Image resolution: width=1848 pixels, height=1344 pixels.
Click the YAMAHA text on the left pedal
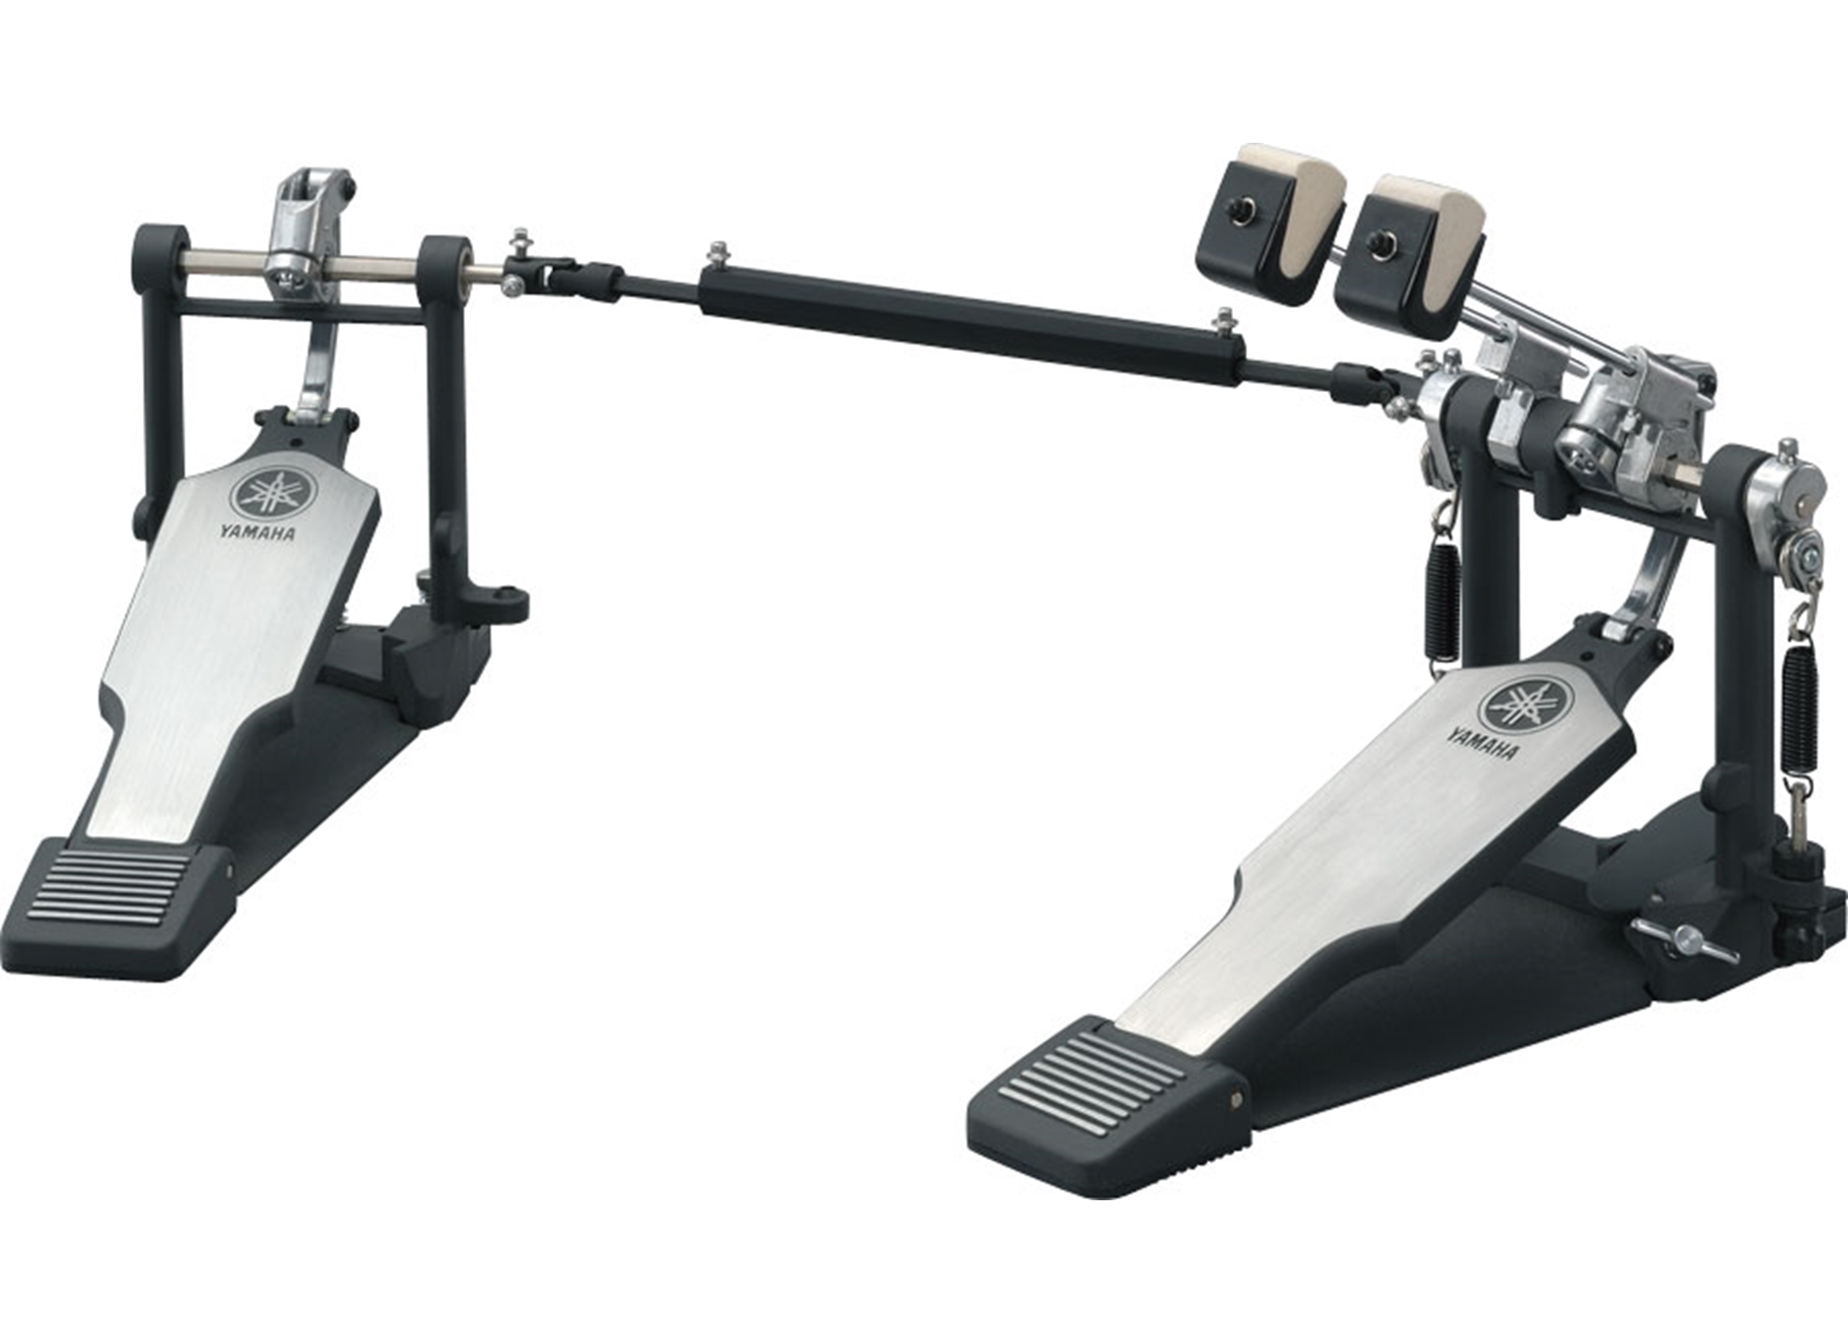tap(258, 533)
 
